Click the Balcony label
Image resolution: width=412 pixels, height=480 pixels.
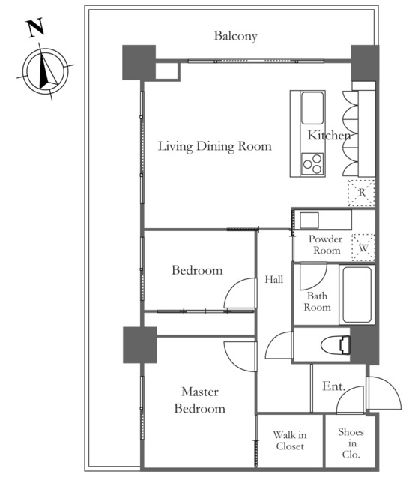coord(235,36)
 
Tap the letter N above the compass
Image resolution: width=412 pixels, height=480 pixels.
coord(36,28)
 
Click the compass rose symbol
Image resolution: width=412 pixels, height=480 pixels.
coord(45,71)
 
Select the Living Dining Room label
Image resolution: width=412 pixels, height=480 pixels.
coord(214,146)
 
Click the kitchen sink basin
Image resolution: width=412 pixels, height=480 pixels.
coord(312,108)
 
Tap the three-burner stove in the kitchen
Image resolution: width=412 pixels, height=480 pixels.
coord(312,164)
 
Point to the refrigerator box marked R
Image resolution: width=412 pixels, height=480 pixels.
coord(362,193)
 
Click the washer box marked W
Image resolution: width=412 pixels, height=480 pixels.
coord(363,247)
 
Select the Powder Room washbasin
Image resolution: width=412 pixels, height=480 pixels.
coord(309,220)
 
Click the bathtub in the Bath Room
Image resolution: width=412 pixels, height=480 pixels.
coord(357,295)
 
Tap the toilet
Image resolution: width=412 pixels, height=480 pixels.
coord(336,345)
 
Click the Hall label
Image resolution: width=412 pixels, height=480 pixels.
coord(274,279)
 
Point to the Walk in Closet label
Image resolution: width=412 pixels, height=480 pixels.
coord(290,440)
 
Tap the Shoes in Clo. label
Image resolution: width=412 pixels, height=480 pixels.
coord(351,443)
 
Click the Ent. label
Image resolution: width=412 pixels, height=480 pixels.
coord(333,386)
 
